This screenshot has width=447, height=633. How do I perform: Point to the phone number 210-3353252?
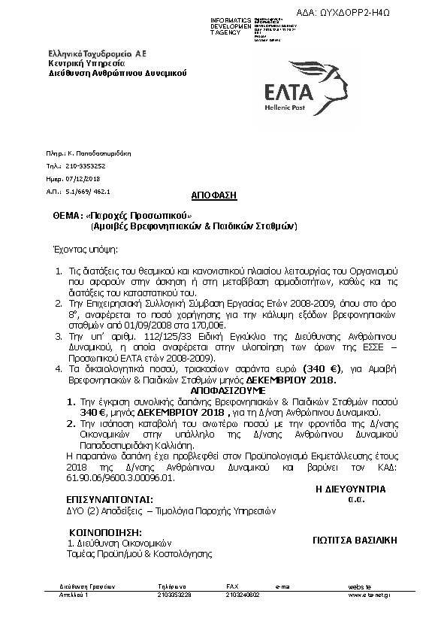point(86,165)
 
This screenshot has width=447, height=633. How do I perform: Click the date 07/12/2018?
point(83,179)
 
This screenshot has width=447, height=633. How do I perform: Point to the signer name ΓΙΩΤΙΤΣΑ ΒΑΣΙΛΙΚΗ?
point(355,541)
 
